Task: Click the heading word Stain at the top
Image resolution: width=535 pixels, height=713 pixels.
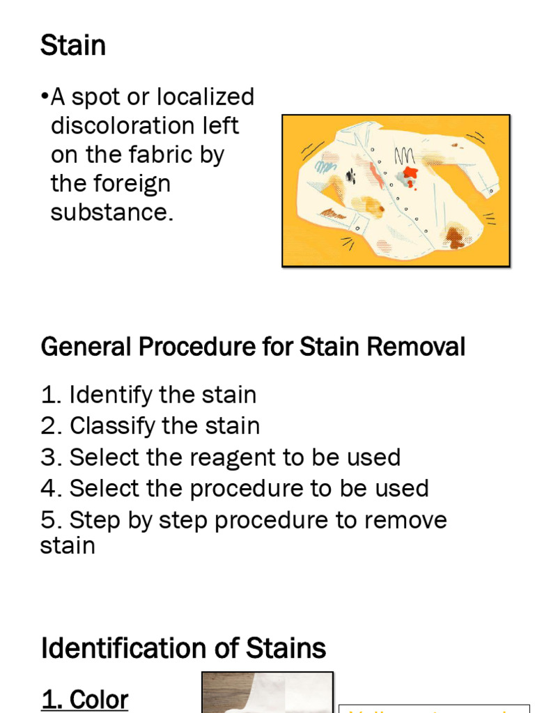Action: (x=73, y=47)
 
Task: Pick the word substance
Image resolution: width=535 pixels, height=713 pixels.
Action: (x=111, y=213)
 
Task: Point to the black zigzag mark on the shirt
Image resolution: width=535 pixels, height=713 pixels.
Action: (x=405, y=156)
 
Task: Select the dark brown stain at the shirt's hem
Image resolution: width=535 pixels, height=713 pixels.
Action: (x=454, y=237)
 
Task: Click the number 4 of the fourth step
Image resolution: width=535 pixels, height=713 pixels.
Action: (x=47, y=489)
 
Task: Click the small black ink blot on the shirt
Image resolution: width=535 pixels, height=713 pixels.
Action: (x=350, y=176)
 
